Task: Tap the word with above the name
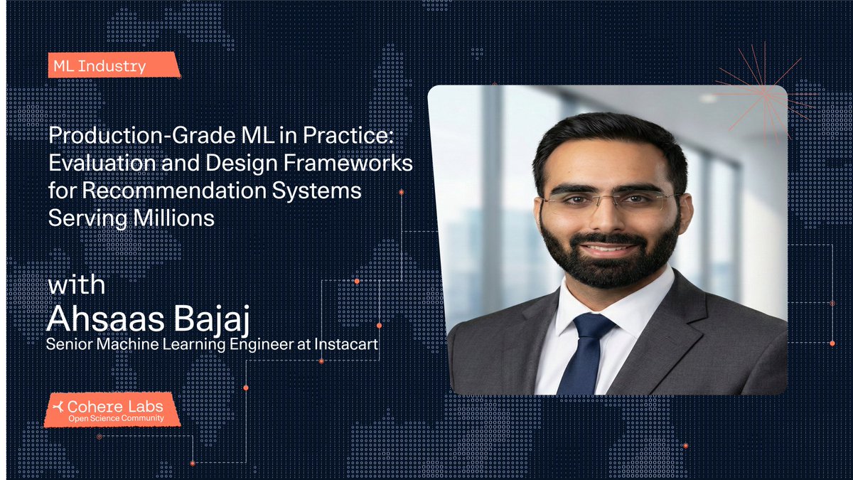76,286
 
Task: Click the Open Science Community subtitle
115,419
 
